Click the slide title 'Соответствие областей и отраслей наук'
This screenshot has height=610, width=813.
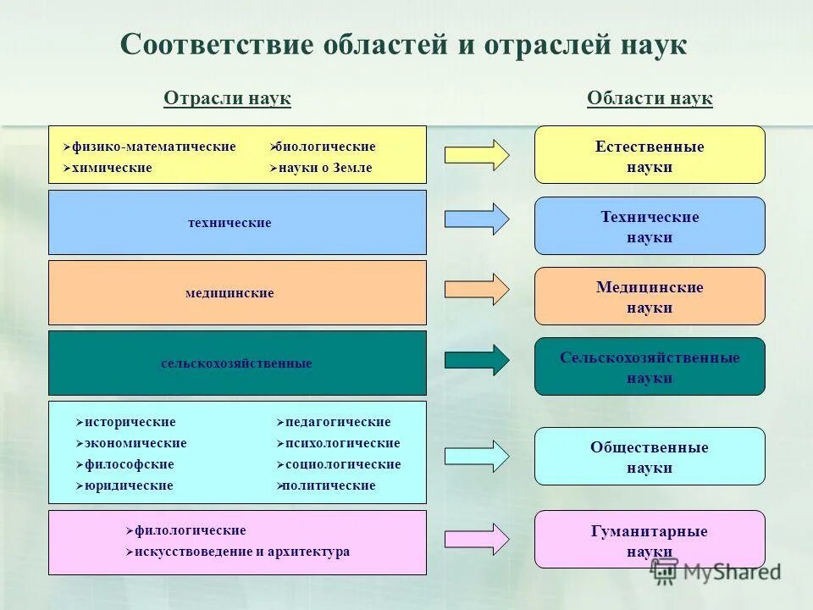[403, 45]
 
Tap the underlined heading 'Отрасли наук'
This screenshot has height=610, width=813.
[227, 99]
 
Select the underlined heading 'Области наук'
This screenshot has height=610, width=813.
[650, 99]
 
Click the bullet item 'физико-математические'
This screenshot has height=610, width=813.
[153, 147]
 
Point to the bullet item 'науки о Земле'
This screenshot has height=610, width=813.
[326, 168]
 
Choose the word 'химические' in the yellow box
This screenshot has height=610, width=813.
[112, 168]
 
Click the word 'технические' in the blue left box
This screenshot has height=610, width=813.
[230, 223]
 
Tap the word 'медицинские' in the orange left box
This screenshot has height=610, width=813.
[230, 293]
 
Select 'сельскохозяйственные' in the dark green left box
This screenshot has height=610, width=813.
[236, 363]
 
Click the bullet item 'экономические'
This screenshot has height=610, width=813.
[135, 443]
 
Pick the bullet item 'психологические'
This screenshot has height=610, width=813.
[342, 443]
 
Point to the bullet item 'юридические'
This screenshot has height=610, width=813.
[129, 485]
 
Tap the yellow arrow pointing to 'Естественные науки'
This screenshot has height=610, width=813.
[477, 154]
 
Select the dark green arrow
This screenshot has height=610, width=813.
[477, 360]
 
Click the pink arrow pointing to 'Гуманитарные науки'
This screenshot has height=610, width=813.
[477, 538]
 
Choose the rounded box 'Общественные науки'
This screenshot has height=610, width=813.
[650, 457]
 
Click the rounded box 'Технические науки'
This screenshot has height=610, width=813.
[650, 226]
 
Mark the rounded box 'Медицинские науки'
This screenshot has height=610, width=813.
[650, 297]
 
